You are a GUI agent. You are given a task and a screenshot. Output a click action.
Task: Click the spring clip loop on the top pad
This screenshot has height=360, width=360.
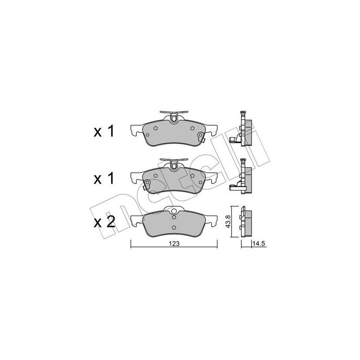point(174,118)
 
